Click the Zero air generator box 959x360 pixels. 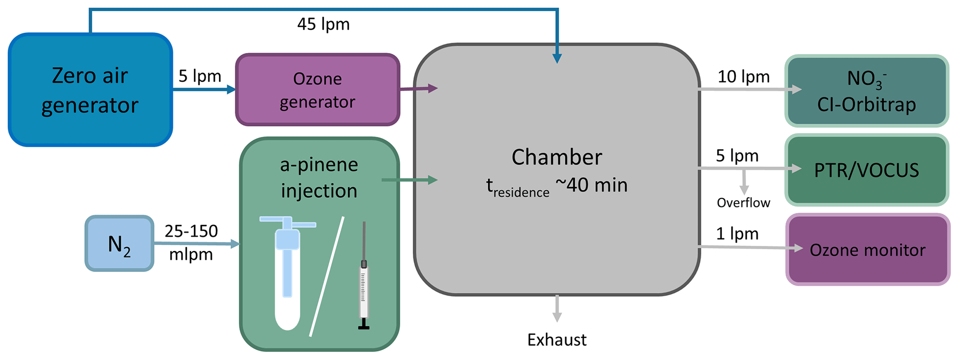[x=90, y=90]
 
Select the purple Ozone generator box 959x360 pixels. [x=317, y=90]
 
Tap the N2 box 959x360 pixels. [x=119, y=244]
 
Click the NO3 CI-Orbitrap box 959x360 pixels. [x=866, y=91]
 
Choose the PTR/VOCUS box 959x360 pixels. [x=866, y=170]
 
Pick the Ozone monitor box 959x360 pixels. [x=867, y=250]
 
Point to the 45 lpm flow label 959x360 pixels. [x=323, y=24]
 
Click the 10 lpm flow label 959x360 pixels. [x=743, y=77]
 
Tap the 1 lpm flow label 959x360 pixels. [x=737, y=234]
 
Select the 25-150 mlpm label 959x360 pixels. [x=191, y=243]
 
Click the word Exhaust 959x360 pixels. [x=557, y=340]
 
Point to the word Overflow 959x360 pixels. [x=743, y=203]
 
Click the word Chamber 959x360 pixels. [x=557, y=157]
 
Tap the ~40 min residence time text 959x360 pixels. [x=592, y=185]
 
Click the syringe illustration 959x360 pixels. [x=364, y=278]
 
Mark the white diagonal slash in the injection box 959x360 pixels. [x=327, y=276]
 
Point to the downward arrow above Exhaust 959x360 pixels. [x=557, y=309]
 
